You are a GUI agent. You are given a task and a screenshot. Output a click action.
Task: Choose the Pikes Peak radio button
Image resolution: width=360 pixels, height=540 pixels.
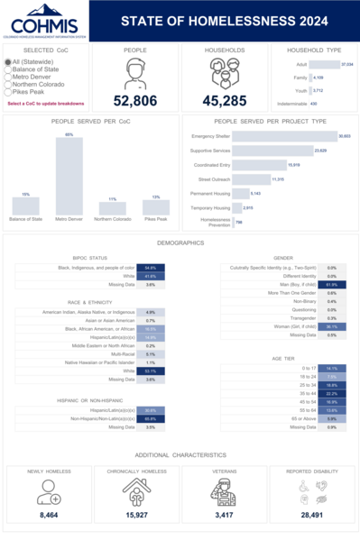coord(9,91)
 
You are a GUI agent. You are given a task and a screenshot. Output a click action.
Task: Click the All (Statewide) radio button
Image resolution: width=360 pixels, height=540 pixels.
coord(9,62)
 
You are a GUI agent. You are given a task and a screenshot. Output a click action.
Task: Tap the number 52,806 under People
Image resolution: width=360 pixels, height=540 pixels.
coord(135,101)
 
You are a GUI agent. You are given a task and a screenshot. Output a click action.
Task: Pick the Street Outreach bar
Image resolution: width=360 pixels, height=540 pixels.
coord(252,179)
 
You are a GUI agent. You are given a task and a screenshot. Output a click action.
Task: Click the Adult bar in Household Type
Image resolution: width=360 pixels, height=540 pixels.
coord(324,65)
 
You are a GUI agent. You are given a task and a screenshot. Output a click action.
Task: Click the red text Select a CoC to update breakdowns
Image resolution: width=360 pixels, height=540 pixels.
coord(45,103)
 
